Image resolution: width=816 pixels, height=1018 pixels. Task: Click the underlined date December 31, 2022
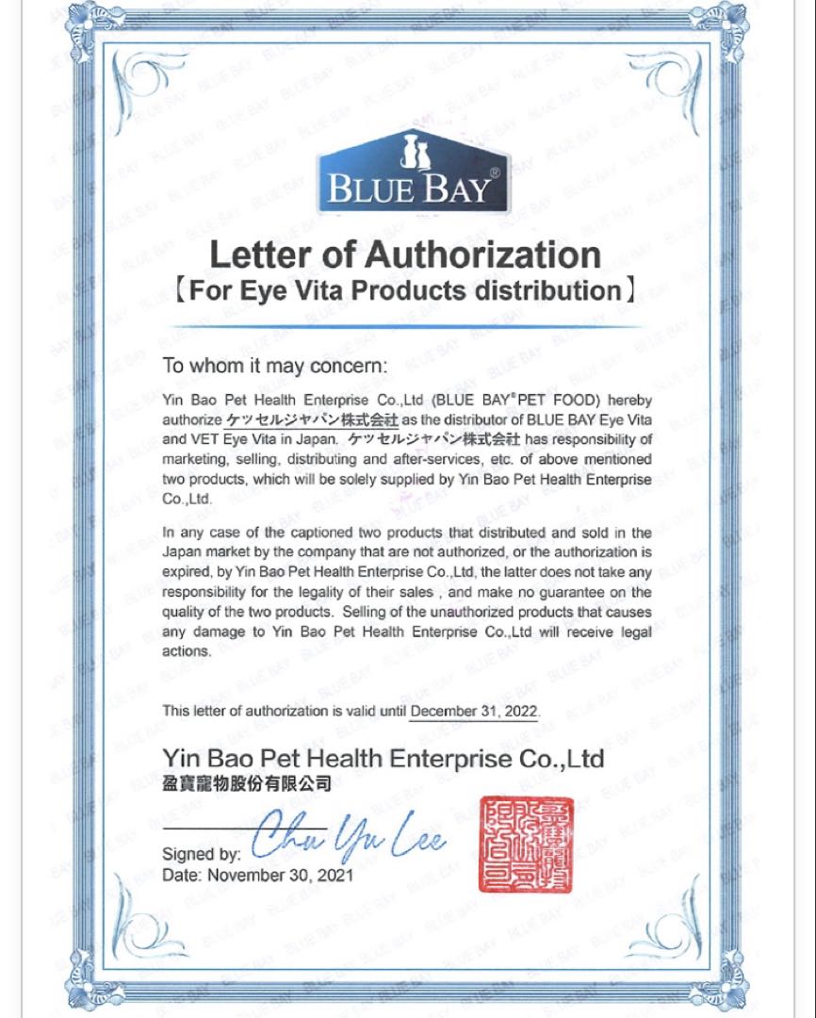pyautogui.click(x=474, y=711)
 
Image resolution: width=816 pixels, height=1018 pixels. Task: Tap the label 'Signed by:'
pyautogui.click(x=202, y=855)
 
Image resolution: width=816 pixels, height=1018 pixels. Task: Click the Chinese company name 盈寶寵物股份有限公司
pyautogui.click(x=247, y=782)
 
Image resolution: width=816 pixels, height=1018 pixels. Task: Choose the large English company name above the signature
pyautogui.click(x=383, y=759)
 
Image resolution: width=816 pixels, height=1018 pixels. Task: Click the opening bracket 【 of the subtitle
pyautogui.click(x=180, y=290)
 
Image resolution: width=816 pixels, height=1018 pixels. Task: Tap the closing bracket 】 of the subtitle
pyautogui.click(x=633, y=290)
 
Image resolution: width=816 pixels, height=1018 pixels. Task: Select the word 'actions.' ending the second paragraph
pyautogui.click(x=186, y=651)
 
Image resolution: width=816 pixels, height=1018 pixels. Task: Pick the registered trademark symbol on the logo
pyautogui.click(x=495, y=174)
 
